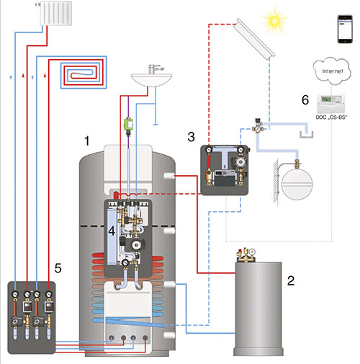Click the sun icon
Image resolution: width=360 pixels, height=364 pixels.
(x=274, y=21)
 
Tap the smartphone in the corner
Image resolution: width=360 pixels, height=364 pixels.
(x=345, y=29)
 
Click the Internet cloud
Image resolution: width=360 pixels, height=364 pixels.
(x=332, y=71)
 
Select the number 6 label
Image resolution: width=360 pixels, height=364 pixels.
(x=305, y=99)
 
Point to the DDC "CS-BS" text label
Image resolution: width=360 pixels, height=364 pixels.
(x=331, y=117)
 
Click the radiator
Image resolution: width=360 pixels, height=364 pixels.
(x=55, y=13)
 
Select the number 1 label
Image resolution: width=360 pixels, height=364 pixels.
(x=87, y=141)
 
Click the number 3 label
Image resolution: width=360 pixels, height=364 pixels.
(x=191, y=137)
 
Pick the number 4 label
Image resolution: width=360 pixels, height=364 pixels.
(x=112, y=231)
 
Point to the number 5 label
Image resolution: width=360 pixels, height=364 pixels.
(x=58, y=268)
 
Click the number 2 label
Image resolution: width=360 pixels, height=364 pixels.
(x=291, y=280)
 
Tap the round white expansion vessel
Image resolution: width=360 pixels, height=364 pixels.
(x=297, y=185)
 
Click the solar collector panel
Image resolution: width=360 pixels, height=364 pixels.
(x=254, y=39)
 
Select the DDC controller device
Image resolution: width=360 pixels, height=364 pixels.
(x=331, y=103)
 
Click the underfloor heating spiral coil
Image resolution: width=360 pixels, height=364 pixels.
(x=84, y=73)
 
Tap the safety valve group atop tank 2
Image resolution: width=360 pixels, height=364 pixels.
(x=246, y=255)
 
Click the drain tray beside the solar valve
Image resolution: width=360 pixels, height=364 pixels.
(x=307, y=134)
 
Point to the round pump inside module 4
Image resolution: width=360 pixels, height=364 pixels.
(x=136, y=245)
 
